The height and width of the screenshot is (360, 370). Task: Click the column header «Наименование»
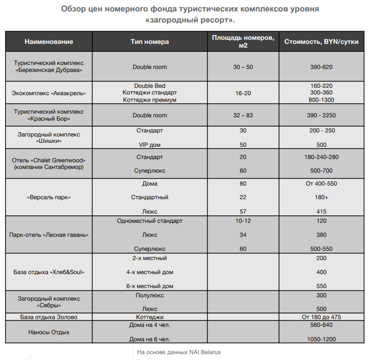coord(49,42)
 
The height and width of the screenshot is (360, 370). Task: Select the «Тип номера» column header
coord(150,42)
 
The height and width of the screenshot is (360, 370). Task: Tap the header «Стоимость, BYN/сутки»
coord(321,42)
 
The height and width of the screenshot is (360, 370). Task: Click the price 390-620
coord(321,67)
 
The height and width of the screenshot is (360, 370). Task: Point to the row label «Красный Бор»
coord(49,115)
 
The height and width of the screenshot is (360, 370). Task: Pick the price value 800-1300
coord(321,100)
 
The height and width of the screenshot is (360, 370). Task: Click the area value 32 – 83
coord(243,115)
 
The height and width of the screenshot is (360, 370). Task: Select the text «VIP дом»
coord(150,145)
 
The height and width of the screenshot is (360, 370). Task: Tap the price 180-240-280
coord(321,157)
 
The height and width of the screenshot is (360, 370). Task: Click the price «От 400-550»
coord(321,184)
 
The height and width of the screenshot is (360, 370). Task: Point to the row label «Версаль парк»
coord(49,198)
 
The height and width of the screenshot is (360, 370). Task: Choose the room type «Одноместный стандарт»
coord(150,221)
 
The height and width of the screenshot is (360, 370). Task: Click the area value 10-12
coord(243,221)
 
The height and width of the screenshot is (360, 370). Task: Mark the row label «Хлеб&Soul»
coord(49,272)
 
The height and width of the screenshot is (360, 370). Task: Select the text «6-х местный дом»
coord(150,286)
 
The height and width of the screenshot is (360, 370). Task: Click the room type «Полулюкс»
coord(150,296)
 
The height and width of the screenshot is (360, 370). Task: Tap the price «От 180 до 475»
coord(321,317)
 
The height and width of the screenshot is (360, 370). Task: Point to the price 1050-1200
coord(321,339)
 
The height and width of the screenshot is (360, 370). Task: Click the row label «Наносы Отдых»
coord(49,332)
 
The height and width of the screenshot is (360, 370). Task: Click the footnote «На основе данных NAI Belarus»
coord(179,352)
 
